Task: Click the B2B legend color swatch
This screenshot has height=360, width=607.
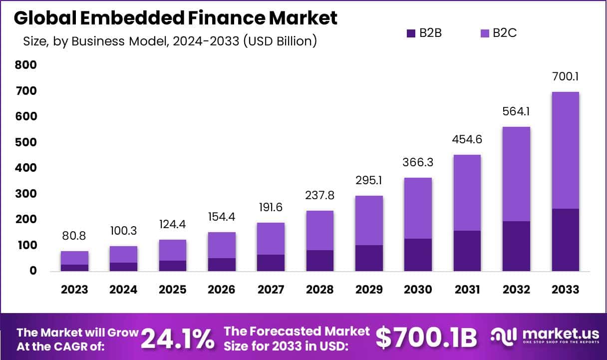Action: click(411, 33)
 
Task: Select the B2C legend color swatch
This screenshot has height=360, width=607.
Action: click(484, 33)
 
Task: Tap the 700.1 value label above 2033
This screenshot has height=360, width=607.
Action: click(566, 77)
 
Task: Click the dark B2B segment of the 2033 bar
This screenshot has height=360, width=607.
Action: click(566, 240)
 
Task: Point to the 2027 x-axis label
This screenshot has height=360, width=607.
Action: click(271, 290)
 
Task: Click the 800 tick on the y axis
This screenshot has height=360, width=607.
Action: click(25, 65)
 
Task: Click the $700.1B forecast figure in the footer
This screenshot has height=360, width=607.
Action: click(426, 338)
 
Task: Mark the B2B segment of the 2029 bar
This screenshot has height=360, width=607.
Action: click(369, 258)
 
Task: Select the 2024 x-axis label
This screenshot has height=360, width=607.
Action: click(124, 290)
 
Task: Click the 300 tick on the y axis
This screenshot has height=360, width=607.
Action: click(25, 194)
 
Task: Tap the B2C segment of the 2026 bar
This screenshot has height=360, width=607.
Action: click(222, 245)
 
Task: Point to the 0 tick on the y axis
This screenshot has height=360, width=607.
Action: click(33, 271)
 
